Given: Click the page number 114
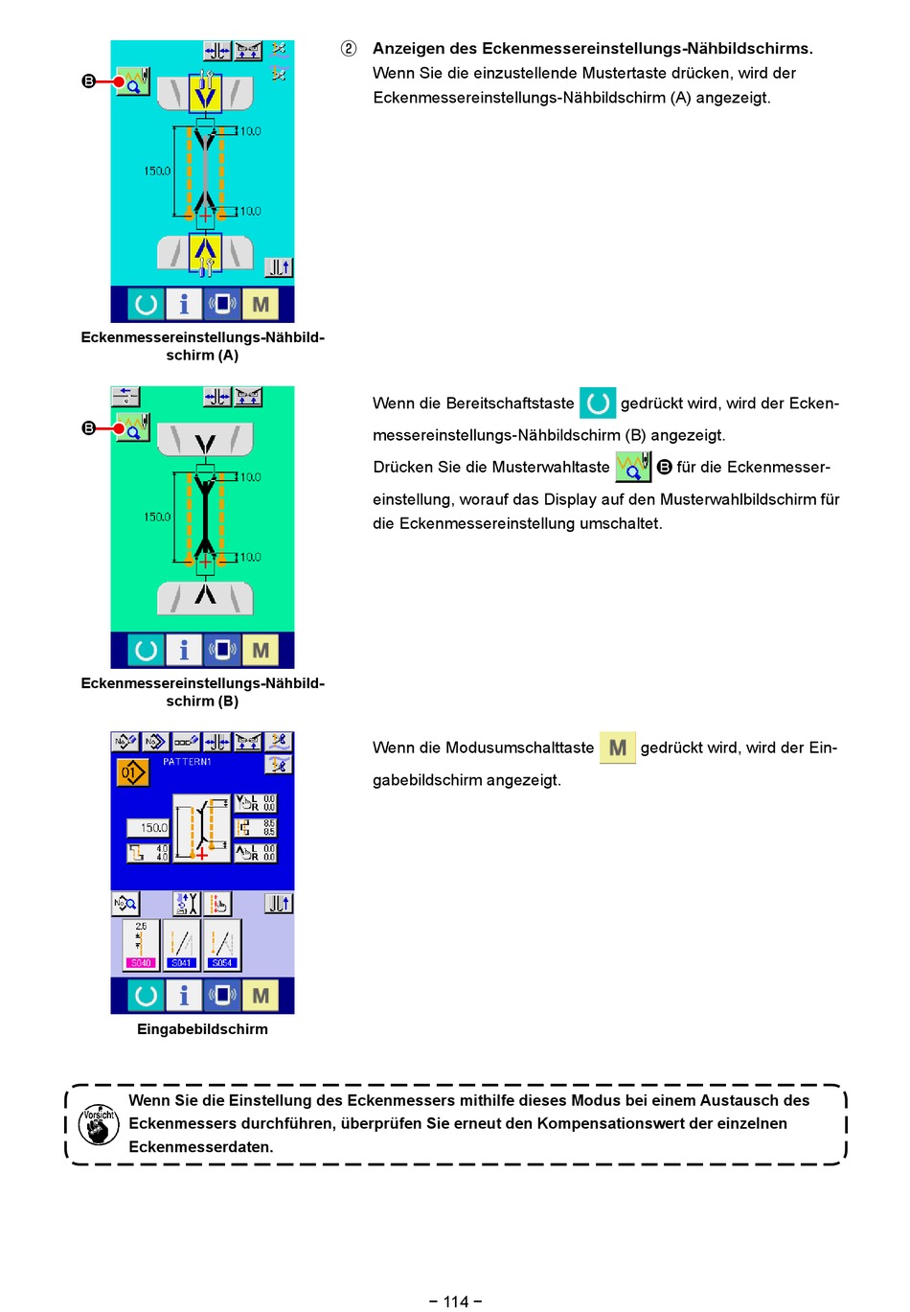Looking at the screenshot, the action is click(x=456, y=1300).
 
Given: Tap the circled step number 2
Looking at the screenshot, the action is click(x=349, y=48).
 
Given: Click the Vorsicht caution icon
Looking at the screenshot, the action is click(x=98, y=1124).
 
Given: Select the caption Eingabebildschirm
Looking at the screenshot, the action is click(x=202, y=1029).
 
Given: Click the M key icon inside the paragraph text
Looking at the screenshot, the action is click(x=618, y=748).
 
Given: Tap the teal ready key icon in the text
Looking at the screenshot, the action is click(x=598, y=403).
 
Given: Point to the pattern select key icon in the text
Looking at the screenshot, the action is click(x=633, y=467).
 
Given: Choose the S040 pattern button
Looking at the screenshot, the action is click(x=141, y=945).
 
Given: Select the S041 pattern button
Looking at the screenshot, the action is click(x=182, y=945).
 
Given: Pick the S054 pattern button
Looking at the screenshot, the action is click(x=222, y=945).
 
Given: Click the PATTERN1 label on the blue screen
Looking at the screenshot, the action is click(x=187, y=762).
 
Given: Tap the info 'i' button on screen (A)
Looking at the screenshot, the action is click(x=184, y=305).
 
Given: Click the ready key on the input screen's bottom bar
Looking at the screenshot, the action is click(x=146, y=996).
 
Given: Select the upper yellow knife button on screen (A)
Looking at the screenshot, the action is click(x=205, y=93).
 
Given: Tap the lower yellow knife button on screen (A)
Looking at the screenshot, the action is click(x=205, y=253).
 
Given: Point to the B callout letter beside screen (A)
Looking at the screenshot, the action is click(x=88, y=81).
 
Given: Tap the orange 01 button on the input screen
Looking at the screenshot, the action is click(x=133, y=771).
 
